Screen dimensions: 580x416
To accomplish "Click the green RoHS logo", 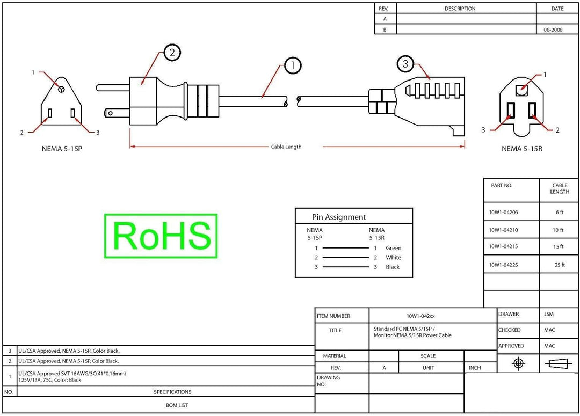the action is [161, 236].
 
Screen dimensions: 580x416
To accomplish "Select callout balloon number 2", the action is [172, 53].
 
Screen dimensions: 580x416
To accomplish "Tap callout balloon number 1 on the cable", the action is [293, 65].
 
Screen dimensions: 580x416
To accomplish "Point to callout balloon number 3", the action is [405, 63].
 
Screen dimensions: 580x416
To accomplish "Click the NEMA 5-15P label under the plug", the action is [62, 149].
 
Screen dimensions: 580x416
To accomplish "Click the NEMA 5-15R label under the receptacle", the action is [522, 149].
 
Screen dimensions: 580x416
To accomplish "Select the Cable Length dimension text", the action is [286, 147].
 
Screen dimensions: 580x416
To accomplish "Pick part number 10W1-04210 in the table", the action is [503, 230].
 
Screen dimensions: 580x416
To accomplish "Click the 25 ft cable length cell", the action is [560, 265].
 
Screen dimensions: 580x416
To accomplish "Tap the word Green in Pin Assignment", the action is [393, 248].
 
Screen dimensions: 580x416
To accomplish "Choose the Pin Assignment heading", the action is [339, 217].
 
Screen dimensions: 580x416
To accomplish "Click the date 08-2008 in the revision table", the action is [553, 30].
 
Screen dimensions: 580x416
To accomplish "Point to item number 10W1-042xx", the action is [421, 316].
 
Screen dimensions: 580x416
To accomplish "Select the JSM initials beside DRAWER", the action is [549, 314].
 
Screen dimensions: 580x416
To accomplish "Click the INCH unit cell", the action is [475, 368].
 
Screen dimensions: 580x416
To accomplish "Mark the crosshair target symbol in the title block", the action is [518, 363].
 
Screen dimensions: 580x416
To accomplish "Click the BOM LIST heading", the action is [177, 405].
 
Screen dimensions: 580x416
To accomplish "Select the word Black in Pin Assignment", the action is [393, 267].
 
